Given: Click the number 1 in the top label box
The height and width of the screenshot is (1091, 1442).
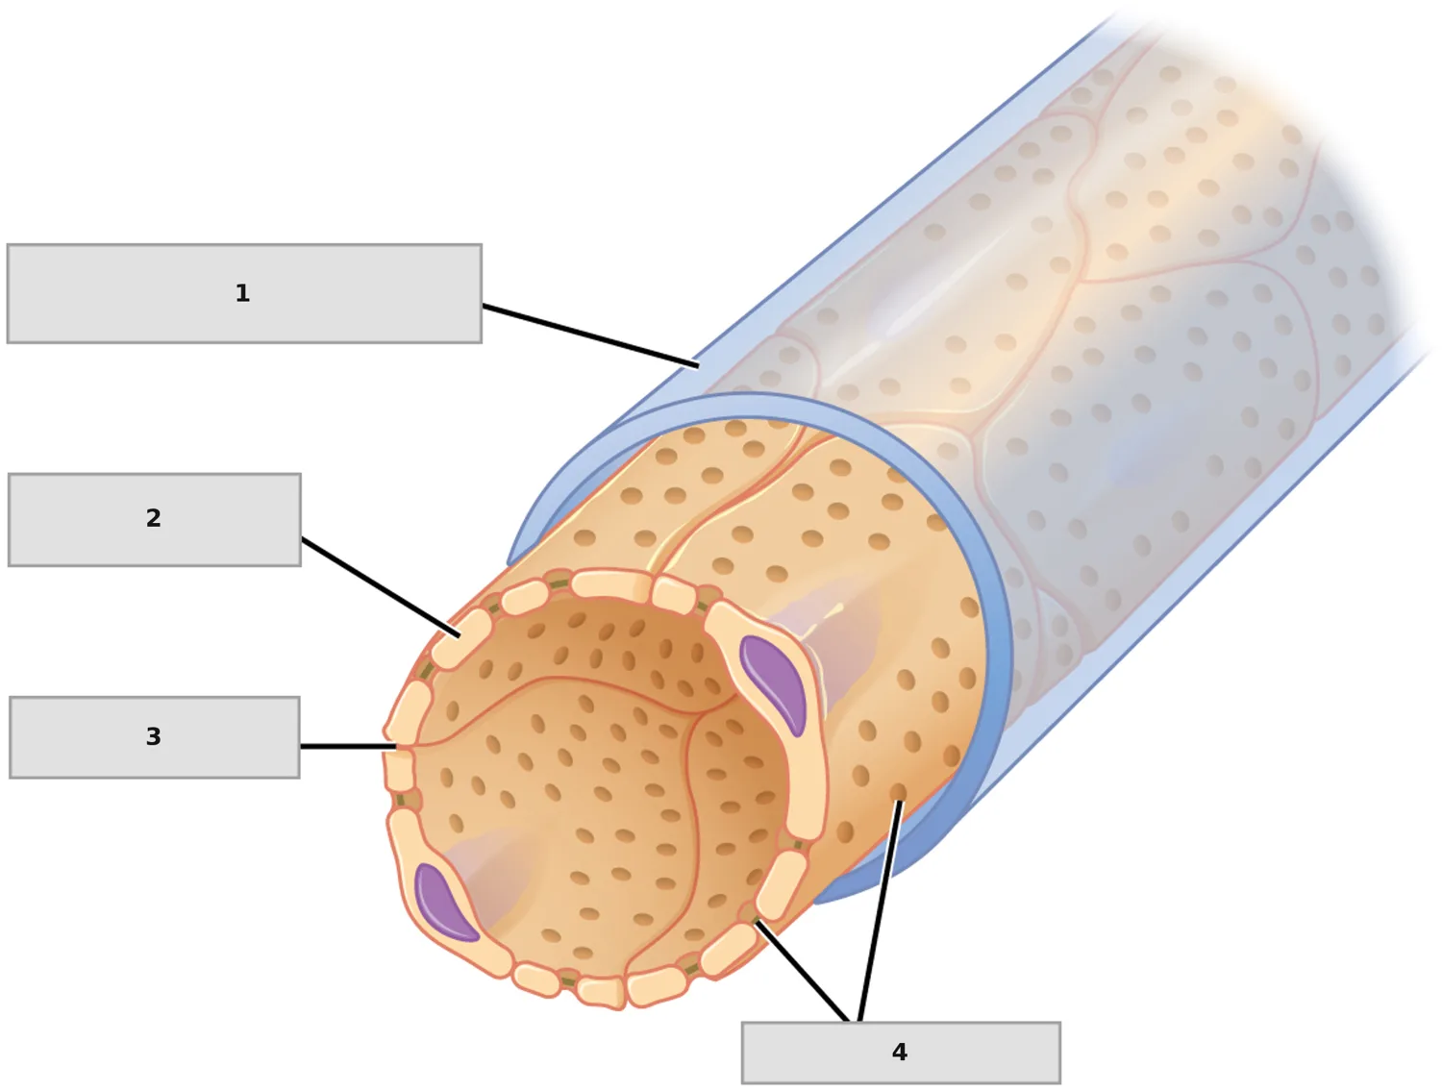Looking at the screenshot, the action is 241,293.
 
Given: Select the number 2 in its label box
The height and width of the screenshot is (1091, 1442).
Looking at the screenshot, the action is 153,518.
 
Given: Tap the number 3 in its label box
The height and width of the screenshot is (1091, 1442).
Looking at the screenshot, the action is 153,736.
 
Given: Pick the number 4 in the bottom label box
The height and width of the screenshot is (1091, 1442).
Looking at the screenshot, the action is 900,1053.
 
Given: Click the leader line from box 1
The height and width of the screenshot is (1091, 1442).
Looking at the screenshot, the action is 590,335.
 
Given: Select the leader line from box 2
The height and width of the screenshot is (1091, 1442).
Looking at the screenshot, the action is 381,587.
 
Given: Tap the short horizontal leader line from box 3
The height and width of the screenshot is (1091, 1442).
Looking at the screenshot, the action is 348,746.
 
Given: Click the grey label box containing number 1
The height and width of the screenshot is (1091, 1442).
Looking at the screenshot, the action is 244,293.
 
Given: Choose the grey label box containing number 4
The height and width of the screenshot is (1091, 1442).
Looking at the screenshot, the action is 901,1053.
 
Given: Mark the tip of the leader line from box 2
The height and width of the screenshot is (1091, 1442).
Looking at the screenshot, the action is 459,635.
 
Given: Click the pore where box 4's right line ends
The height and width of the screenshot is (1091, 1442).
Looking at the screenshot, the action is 899,791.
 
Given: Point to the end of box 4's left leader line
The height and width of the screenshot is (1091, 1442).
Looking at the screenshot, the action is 757,922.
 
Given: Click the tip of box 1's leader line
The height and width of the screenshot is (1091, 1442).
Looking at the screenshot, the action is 698,366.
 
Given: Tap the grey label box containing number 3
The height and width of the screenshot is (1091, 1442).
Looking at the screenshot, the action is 155,737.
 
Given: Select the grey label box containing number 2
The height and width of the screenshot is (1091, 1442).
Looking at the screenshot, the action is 155,520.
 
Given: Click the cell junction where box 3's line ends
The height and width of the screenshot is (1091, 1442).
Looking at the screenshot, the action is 397,747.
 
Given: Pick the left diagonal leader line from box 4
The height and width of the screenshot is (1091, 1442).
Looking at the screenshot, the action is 802,972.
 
